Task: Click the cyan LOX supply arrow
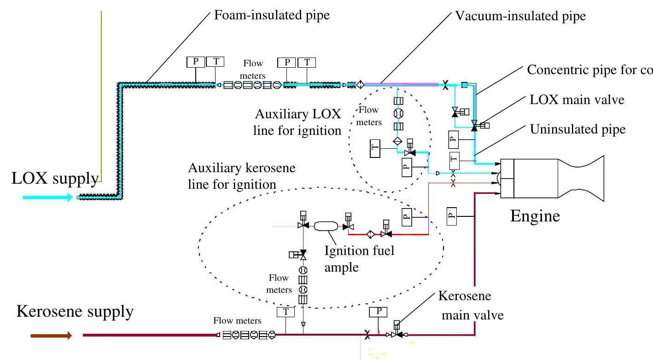[48, 197]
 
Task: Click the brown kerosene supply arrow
[51, 336]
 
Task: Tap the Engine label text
[535, 216]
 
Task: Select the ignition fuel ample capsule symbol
[326, 226]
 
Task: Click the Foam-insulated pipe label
[272, 16]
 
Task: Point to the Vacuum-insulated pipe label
[520, 16]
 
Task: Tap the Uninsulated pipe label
[578, 129]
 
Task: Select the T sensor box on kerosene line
[286, 312]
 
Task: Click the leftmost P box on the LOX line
[195, 63]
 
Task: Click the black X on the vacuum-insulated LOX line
[445, 85]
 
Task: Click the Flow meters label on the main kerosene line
[237, 320]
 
